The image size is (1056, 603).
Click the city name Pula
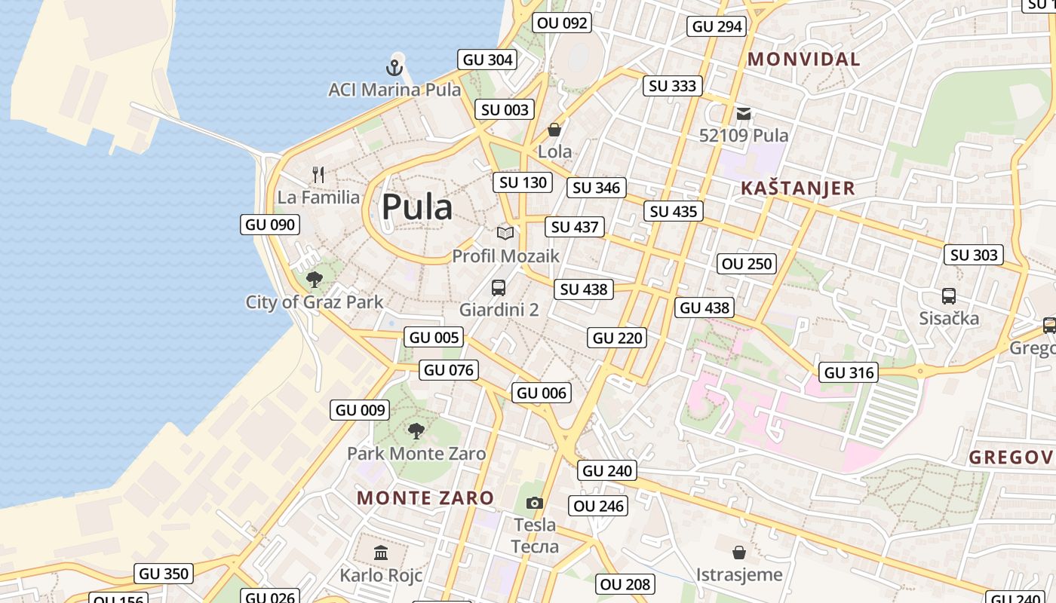click(417, 207)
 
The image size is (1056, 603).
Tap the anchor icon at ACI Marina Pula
click(394, 68)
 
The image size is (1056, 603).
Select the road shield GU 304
click(487, 60)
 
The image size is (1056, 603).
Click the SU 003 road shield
click(505, 110)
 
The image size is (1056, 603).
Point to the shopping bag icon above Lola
click(554, 130)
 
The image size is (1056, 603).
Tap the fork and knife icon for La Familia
click(318, 176)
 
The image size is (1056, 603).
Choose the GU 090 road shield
click(270, 225)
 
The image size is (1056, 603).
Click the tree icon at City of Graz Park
click(315, 280)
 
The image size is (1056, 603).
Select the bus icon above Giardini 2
click(499, 287)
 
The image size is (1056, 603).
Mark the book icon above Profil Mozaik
click(505, 234)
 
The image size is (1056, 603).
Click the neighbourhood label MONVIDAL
click(803, 60)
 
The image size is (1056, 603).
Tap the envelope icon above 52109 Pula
click(744, 114)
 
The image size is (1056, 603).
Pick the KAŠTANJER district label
click(798, 188)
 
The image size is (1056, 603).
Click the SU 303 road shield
click(974, 256)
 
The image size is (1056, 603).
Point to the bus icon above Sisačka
click(949, 296)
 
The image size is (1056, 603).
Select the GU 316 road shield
click(849, 372)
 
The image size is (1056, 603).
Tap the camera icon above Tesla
click(534, 503)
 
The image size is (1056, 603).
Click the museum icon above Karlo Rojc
click(381, 553)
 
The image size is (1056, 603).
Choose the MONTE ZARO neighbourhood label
click(425, 498)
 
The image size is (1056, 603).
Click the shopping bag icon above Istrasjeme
click(739, 552)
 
